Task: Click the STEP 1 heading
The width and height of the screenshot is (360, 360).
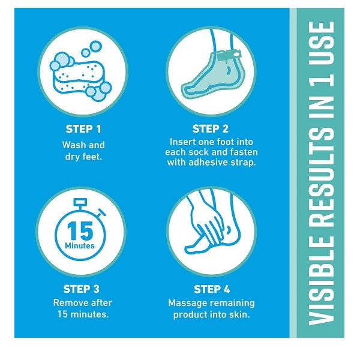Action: pyautogui.click(x=83, y=129)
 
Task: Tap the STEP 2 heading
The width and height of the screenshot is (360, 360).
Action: pyautogui.click(x=211, y=129)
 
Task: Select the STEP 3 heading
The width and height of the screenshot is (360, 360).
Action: pyautogui.click(x=81, y=289)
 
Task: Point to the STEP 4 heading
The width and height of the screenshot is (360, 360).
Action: pyautogui.click(x=212, y=289)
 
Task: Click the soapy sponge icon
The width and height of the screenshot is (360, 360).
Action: pyautogui.click(x=80, y=71)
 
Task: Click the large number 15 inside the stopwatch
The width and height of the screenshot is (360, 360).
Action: pyautogui.click(x=80, y=231)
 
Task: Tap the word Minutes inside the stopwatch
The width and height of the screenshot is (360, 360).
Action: pyautogui.click(x=80, y=246)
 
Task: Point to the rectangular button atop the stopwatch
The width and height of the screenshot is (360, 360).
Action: pyautogui.click(x=80, y=202)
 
